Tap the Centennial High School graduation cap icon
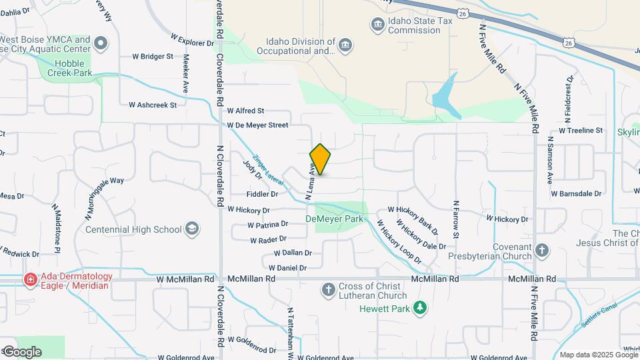(192, 229)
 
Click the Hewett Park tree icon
(419, 307)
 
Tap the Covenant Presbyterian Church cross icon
(542, 251)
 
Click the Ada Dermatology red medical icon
(30, 280)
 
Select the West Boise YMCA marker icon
(101, 44)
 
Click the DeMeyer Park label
(335, 218)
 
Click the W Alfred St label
(246, 111)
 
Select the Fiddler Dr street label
(262, 194)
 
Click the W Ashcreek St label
(153, 105)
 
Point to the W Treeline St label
(581, 131)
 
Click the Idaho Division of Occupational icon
(345, 45)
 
